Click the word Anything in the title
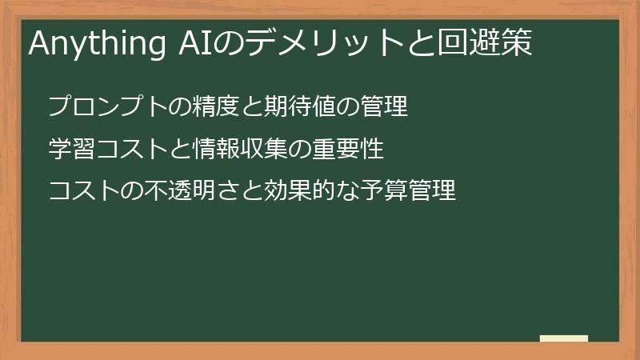click(x=94, y=44)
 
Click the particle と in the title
click(x=422, y=44)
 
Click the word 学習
click(x=70, y=149)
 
